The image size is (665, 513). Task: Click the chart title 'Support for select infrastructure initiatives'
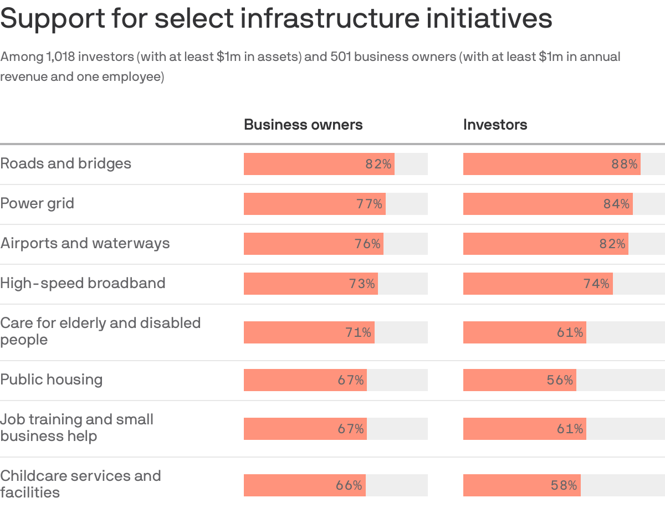point(276,19)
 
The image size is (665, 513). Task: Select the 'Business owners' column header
point(303,125)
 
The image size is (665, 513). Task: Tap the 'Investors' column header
point(495,125)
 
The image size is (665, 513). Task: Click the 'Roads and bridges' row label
point(66,163)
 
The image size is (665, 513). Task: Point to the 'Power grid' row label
point(37,203)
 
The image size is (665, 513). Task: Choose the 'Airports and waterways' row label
point(85,243)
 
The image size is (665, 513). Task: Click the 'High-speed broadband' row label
point(83,283)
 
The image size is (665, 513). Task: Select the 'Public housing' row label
point(52,379)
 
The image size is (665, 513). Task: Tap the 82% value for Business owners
point(378,164)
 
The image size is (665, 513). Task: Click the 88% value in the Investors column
point(624,164)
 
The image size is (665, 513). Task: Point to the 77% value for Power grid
point(369,204)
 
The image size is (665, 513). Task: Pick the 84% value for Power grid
point(616,204)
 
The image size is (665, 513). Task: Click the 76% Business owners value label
point(367,244)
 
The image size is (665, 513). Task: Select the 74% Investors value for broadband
point(596,284)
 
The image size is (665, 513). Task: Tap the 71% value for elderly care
point(358,332)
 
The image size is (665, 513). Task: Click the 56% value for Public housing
point(560,380)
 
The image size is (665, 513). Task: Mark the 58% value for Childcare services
point(564,485)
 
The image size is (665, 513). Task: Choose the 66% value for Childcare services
point(349,485)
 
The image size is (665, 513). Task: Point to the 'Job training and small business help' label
point(77,428)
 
